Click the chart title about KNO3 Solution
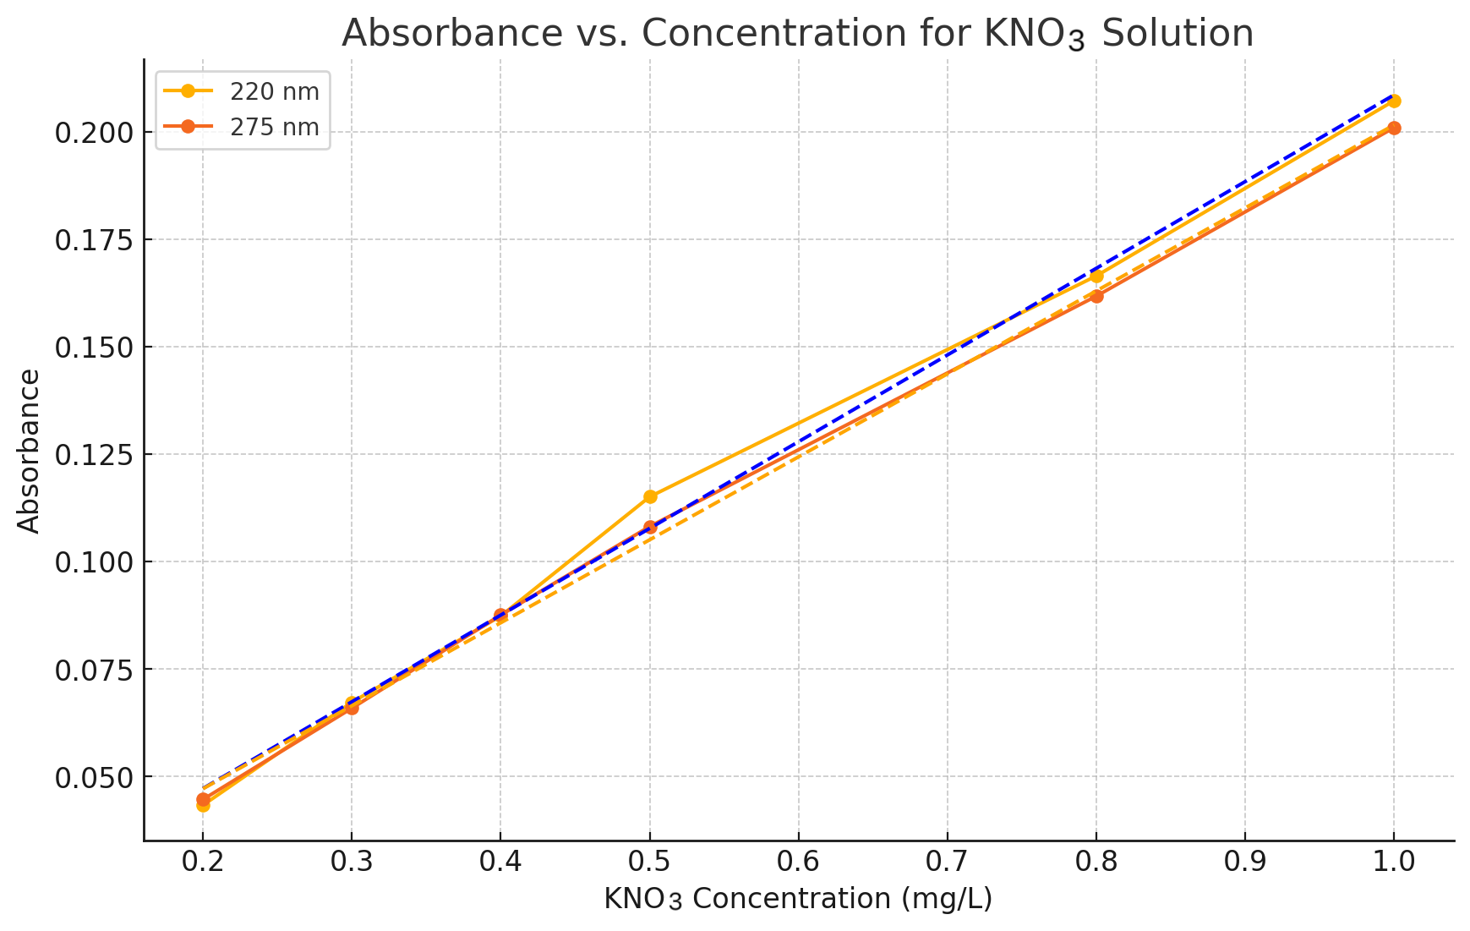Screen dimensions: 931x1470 (x=797, y=34)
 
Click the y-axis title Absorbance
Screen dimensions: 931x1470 (x=29, y=451)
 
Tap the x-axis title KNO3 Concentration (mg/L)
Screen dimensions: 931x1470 (x=797, y=899)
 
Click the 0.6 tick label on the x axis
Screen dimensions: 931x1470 (x=798, y=863)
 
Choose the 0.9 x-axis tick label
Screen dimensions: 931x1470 (x=1244, y=863)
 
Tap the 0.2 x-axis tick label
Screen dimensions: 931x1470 (x=203, y=863)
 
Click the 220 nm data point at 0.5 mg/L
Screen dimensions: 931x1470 (x=650, y=496)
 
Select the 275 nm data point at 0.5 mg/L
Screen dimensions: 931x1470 (x=650, y=528)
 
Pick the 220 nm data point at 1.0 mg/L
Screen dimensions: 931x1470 (x=1394, y=101)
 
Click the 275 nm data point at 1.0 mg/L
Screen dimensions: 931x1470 (x=1394, y=128)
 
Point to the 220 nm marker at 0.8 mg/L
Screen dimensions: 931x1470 (x=1096, y=276)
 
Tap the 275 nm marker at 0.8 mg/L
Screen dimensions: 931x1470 (x=1096, y=296)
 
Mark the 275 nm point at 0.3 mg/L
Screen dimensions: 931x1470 (x=352, y=708)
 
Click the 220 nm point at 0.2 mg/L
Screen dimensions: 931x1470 (x=203, y=805)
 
